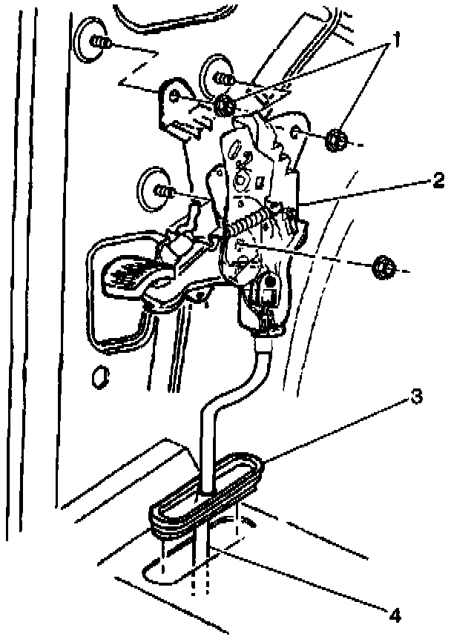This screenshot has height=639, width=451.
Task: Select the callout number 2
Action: tap(438, 180)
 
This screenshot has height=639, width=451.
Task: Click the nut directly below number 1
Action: tap(336, 139)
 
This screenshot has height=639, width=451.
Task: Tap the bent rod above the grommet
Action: tap(215, 415)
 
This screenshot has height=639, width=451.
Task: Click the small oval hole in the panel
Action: tap(96, 378)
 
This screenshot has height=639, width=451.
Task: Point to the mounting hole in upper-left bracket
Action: tap(174, 96)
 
